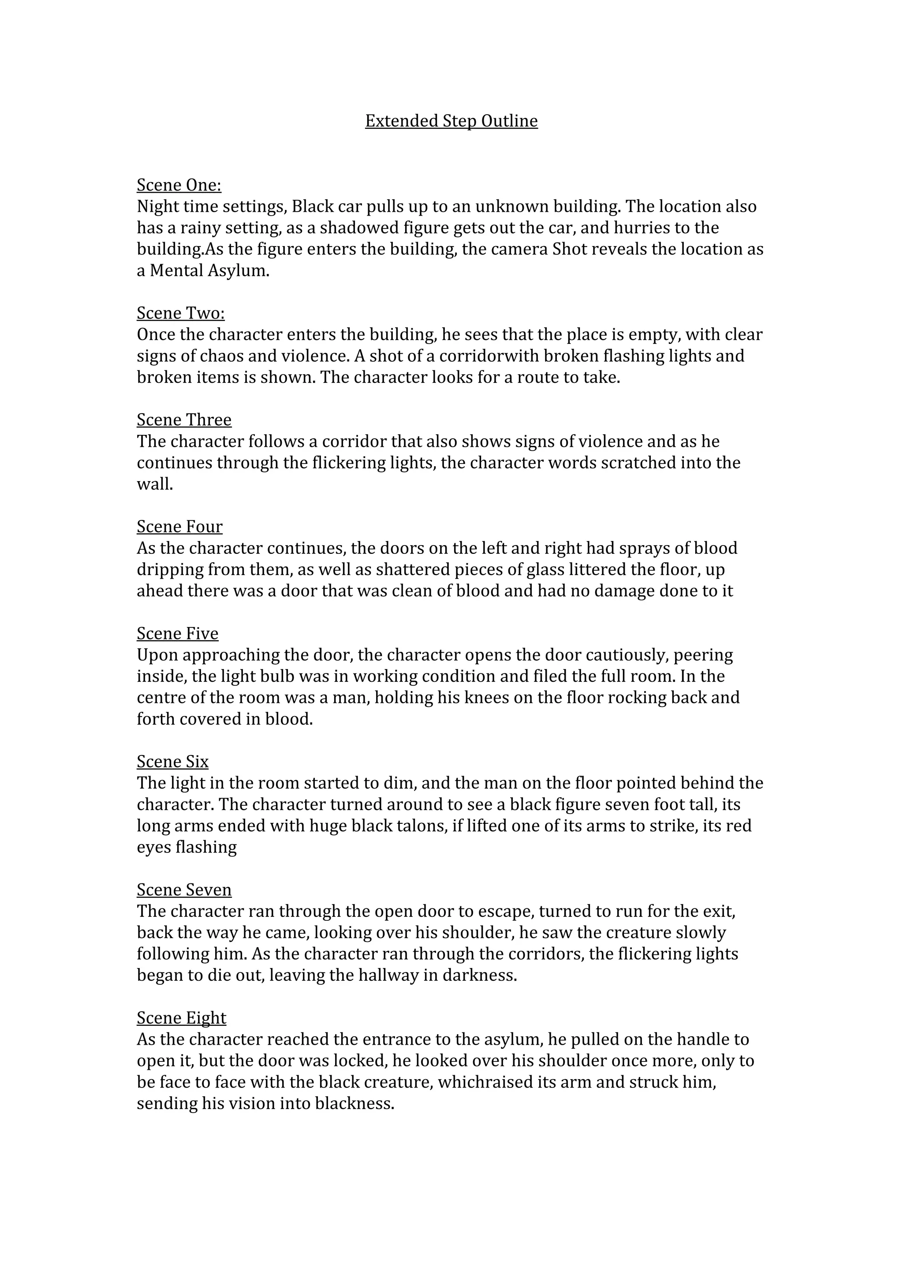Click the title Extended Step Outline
(451, 121)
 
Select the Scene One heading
(179, 185)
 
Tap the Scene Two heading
(181, 314)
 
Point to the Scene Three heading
(184, 420)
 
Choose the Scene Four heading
(180, 527)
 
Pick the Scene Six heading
(172, 762)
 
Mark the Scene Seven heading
(184, 890)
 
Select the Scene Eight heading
(181, 1018)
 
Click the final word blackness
(354, 1103)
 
